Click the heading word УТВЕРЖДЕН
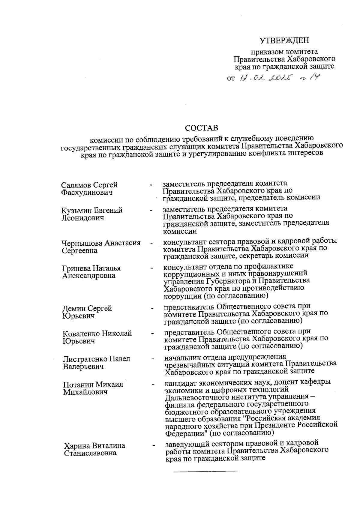284,40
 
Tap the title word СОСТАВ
202,128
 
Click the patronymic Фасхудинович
86,192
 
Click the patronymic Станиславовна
90,453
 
